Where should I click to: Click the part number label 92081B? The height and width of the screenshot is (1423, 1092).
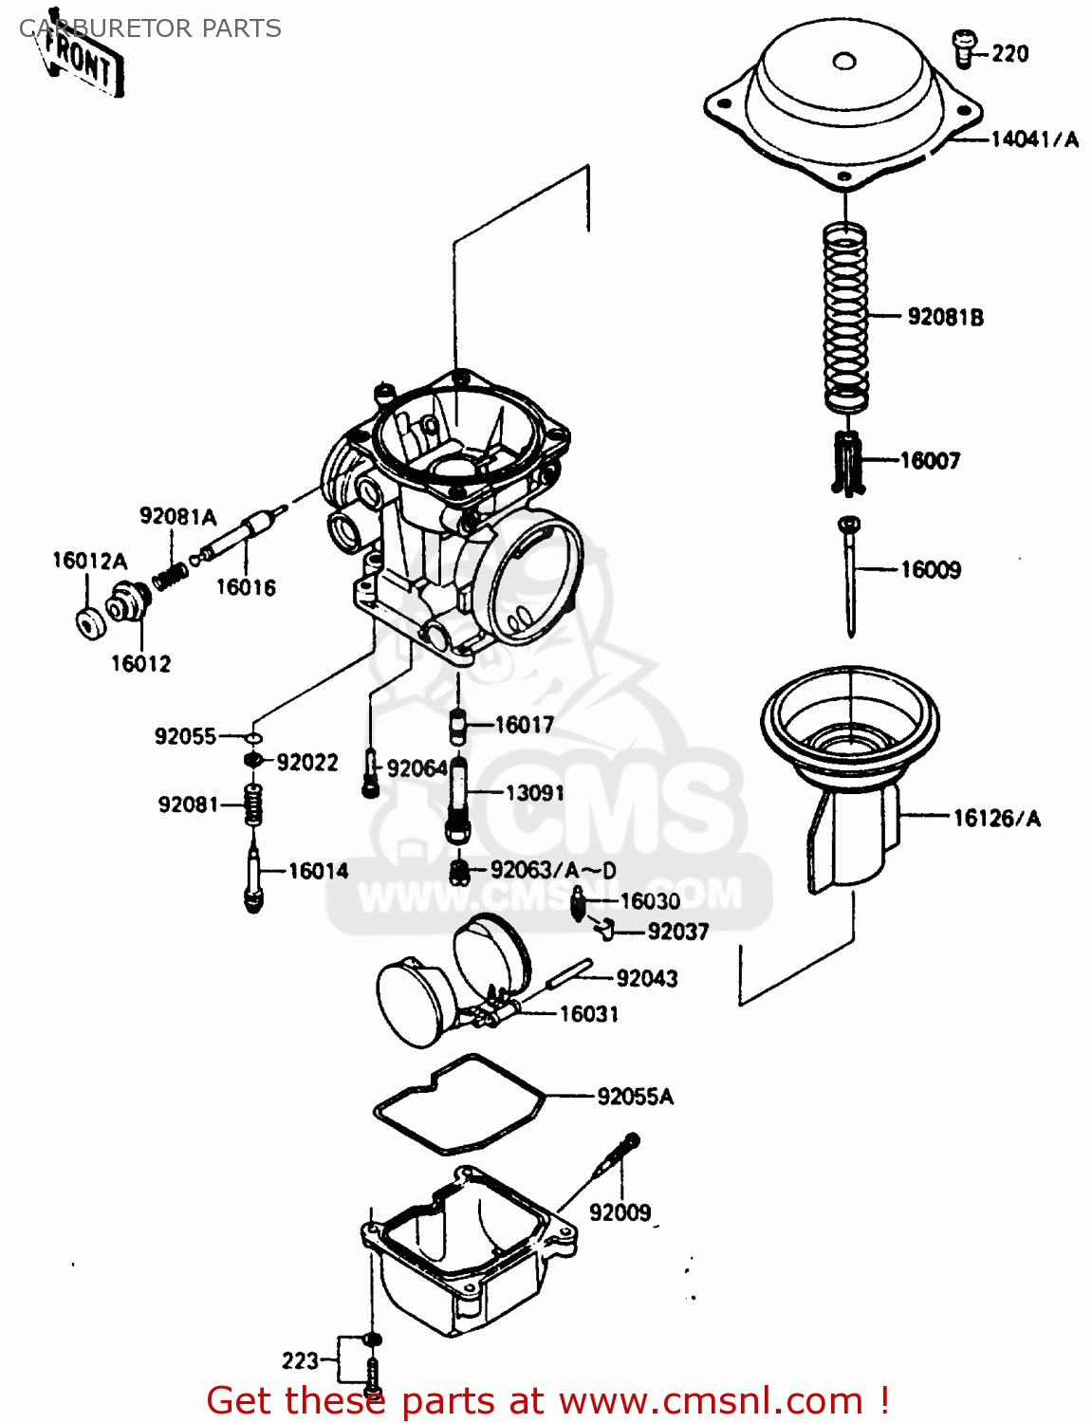click(945, 317)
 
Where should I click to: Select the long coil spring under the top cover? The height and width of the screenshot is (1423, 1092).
click(844, 318)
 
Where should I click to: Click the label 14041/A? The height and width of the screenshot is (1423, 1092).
click(1034, 139)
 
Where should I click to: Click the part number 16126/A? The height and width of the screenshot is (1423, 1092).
click(996, 818)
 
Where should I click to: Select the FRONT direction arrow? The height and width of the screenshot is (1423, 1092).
click(82, 63)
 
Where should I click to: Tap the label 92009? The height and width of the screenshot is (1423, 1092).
click(620, 1212)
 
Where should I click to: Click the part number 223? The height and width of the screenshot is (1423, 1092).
click(300, 1361)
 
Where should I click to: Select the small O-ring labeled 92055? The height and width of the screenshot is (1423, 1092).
click(252, 737)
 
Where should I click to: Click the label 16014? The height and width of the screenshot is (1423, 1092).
click(318, 871)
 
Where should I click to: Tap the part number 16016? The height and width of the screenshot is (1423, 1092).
click(246, 587)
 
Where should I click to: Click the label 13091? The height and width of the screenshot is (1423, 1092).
click(534, 793)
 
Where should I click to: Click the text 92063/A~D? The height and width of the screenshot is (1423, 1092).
click(553, 870)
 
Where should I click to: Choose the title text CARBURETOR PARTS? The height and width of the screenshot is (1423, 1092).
click(150, 28)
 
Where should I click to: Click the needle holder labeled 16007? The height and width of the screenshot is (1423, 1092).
click(848, 462)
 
